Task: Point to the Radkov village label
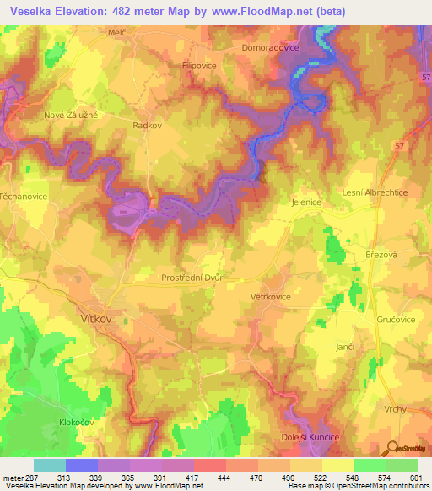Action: [148, 123]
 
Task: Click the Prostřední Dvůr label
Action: [192, 278]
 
